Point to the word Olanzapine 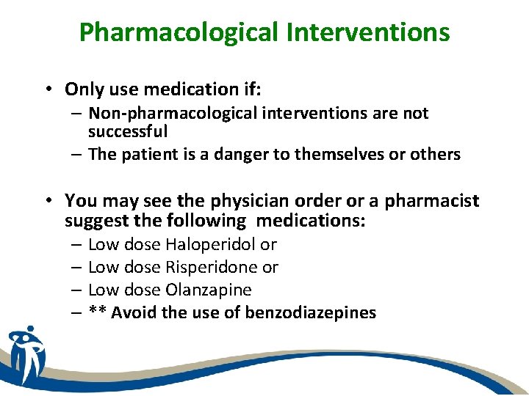(209, 290)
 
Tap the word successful (128, 131)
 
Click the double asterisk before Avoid (96, 312)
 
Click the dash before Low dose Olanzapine (76, 290)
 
